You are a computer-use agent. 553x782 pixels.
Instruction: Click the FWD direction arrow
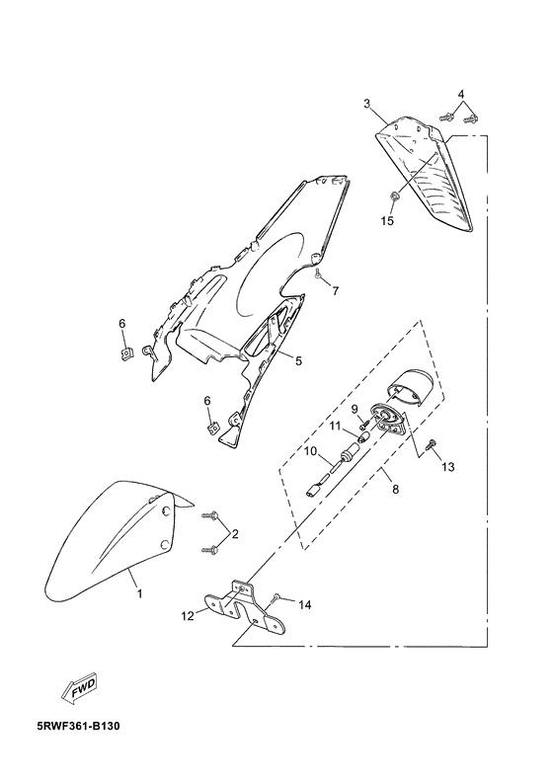[78, 689]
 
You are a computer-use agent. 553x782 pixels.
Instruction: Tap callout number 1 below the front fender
[140, 594]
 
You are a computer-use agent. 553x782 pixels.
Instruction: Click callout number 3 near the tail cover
[367, 104]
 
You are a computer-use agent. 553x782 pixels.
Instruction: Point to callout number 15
[387, 220]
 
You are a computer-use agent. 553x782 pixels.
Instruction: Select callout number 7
[336, 290]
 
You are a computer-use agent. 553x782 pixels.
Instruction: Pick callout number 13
[447, 467]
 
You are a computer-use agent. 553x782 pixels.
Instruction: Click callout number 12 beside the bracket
[187, 616]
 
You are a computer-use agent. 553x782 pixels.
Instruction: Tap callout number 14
[305, 605]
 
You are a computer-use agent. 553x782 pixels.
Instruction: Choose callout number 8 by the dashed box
[395, 490]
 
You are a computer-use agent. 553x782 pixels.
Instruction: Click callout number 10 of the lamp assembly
[311, 451]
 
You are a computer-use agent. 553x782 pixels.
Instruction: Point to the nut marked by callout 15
[393, 195]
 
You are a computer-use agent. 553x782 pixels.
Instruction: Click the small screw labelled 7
[317, 272]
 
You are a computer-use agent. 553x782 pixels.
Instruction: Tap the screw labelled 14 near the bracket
[277, 597]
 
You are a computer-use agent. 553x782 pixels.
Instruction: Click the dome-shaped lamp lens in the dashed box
[412, 385]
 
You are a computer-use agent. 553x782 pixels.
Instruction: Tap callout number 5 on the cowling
[298, 360]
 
